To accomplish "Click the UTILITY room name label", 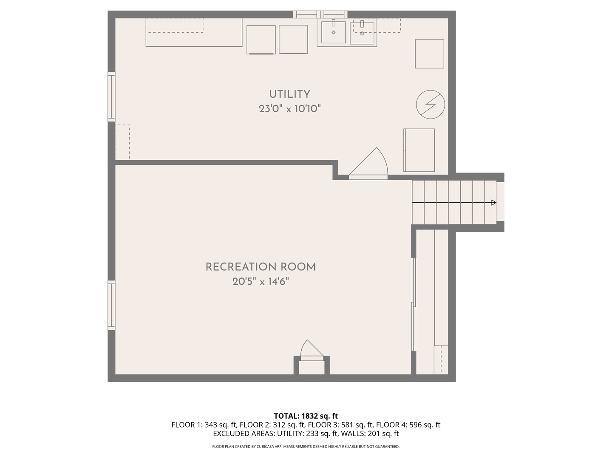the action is [x=289, y=94].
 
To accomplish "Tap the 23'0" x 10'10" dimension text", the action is [x=290, y=108].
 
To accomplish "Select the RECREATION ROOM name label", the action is [x=261, y=267].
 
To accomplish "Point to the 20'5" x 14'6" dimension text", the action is [x=261, y=281].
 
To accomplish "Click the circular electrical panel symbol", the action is [x=430, y=105].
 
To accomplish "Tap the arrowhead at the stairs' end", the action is [x=493, y=202].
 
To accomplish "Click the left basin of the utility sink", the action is [x=333, y=32].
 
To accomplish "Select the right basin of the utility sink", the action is [x=362, y=33].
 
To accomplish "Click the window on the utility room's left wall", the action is [x=111, y=97].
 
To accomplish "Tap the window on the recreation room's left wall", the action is [x=111, y=305].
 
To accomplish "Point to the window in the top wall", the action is [x=320, y=14].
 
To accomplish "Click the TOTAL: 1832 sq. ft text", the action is [x=306, y=416].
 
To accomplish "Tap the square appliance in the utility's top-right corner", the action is [x=429, y=54].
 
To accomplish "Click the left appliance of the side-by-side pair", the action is [x=261, y=40].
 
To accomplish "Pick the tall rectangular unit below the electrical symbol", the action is [x=419, y=150].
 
